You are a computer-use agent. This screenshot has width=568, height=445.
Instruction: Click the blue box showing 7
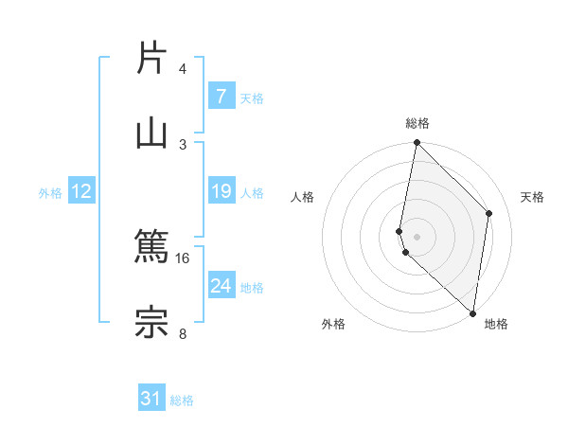(221, 96)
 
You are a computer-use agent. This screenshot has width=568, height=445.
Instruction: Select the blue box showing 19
(221, 191)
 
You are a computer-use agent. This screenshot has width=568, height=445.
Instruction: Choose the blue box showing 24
(221, 285)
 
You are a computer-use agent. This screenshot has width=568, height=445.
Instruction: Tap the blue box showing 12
(81, 191)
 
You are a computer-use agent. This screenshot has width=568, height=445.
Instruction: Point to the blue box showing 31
(151, 399)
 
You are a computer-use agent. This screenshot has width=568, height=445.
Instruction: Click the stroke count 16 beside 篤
(183, 258)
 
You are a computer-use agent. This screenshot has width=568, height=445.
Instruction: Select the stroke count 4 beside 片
(183, 69)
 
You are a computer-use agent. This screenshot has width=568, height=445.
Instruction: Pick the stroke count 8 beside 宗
(183, 332)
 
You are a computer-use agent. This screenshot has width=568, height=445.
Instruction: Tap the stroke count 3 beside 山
(183, 144)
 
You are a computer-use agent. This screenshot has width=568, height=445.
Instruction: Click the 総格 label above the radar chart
(417, 123)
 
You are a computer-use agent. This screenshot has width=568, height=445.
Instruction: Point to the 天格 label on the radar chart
(532, 197)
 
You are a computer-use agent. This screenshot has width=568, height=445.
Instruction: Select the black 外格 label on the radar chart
(333, 324)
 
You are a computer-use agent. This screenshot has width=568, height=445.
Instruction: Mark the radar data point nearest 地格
(472, 312)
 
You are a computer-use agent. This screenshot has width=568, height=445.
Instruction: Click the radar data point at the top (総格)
(417, 143)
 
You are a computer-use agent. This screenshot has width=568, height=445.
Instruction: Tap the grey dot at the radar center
(417, 236)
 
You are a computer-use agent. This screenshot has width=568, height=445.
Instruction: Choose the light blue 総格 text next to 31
(182, 400)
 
